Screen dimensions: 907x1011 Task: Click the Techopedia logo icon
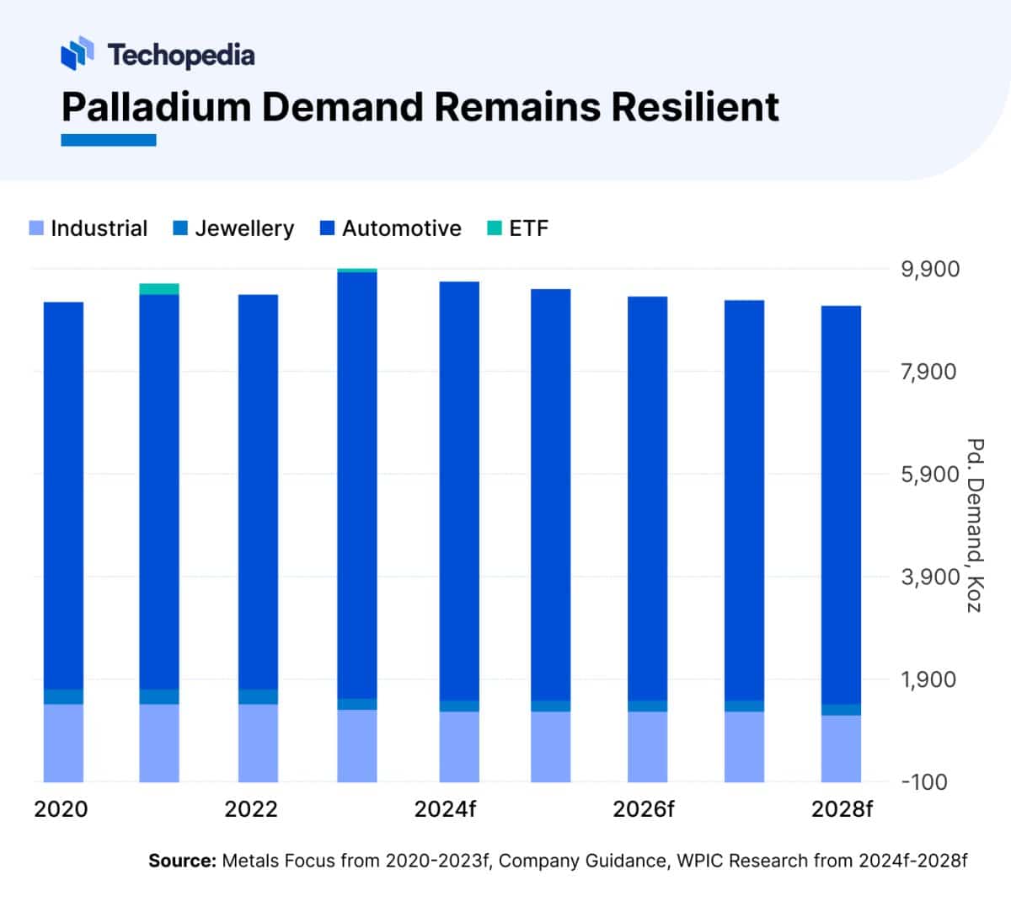(77, 53)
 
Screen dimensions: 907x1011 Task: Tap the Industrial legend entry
(88, 228)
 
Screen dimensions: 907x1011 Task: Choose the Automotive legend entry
(391, 228)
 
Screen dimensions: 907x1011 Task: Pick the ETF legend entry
(518, 228)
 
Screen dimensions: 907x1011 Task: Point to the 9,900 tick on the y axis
(930, 270)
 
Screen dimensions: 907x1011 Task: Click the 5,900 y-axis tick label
(930, 475)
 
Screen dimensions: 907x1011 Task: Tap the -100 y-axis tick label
(924, 781)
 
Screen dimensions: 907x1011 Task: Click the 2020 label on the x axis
(61, 809)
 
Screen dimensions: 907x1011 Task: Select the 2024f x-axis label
(445, 809)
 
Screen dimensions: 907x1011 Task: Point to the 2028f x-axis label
(842, 809)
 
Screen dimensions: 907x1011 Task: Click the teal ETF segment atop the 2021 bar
(159, 289)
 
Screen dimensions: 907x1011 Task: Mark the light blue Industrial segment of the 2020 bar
(63, 743)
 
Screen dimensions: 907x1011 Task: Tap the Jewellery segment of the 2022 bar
(258, 696)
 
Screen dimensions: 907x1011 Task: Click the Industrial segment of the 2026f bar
(647, 746)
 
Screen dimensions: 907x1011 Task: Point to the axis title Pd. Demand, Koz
(975, 525)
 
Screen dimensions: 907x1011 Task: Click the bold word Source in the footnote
(182, 861)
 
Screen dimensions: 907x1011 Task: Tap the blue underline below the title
(109, 141)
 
